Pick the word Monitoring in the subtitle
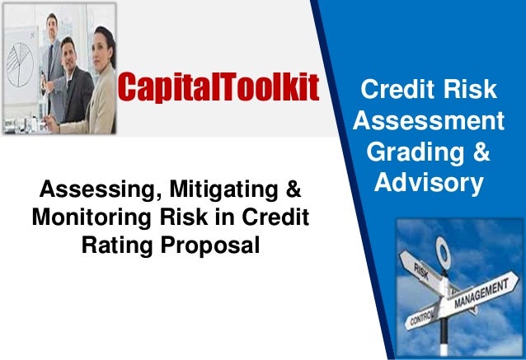pyautogui.click(x=85, y=220)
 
